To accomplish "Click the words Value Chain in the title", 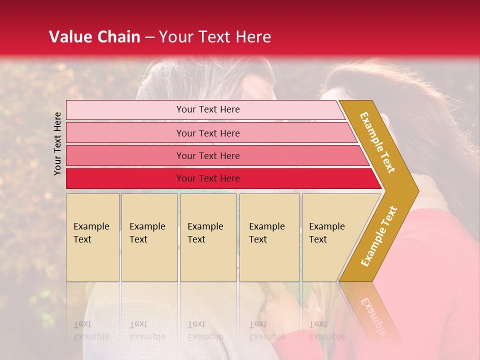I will (94, 37).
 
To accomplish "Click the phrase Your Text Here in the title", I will (215, 37).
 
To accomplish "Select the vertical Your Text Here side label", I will (58, 143).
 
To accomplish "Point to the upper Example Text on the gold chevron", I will (377, 142).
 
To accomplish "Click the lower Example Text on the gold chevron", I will (378, 236).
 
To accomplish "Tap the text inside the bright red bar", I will (208, 178).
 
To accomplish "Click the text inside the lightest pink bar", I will (208, 109).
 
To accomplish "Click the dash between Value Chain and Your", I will (149, 37).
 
